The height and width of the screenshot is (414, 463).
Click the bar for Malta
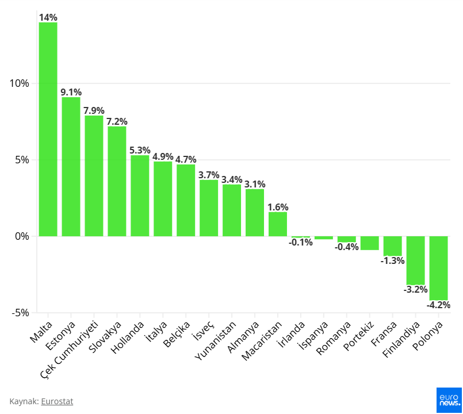point(48,129)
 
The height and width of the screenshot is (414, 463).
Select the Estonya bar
point(71,167)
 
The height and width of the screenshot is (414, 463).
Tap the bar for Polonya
point(438,268)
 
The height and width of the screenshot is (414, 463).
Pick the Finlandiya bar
point(415,260)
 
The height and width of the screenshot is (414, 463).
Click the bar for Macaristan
point(278,224)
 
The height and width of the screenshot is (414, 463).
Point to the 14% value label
point(48,17)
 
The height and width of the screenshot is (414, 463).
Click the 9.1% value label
point(71,92)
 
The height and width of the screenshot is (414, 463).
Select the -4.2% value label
point(438,305)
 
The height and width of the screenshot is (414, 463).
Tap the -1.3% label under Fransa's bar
point(392,260)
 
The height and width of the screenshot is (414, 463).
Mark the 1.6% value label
point(278,207)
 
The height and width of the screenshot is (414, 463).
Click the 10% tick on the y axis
point(20,83)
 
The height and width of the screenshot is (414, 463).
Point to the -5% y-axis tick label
point(20,313)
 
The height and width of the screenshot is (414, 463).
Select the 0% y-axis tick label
point(22,236)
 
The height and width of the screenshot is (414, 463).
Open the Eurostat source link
point(57,401)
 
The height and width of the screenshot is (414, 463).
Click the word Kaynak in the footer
point(24,401)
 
